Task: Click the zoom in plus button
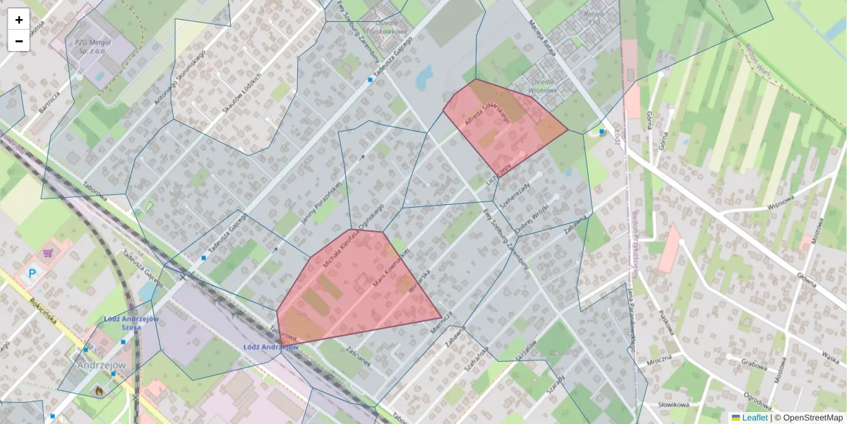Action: click(18, 20)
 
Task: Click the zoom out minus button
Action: click(18, 41)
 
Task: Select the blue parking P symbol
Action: click(32, 273)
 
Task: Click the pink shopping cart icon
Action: click(48, 252)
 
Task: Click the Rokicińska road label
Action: click(44, 312)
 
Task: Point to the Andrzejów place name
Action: click(101, 365)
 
